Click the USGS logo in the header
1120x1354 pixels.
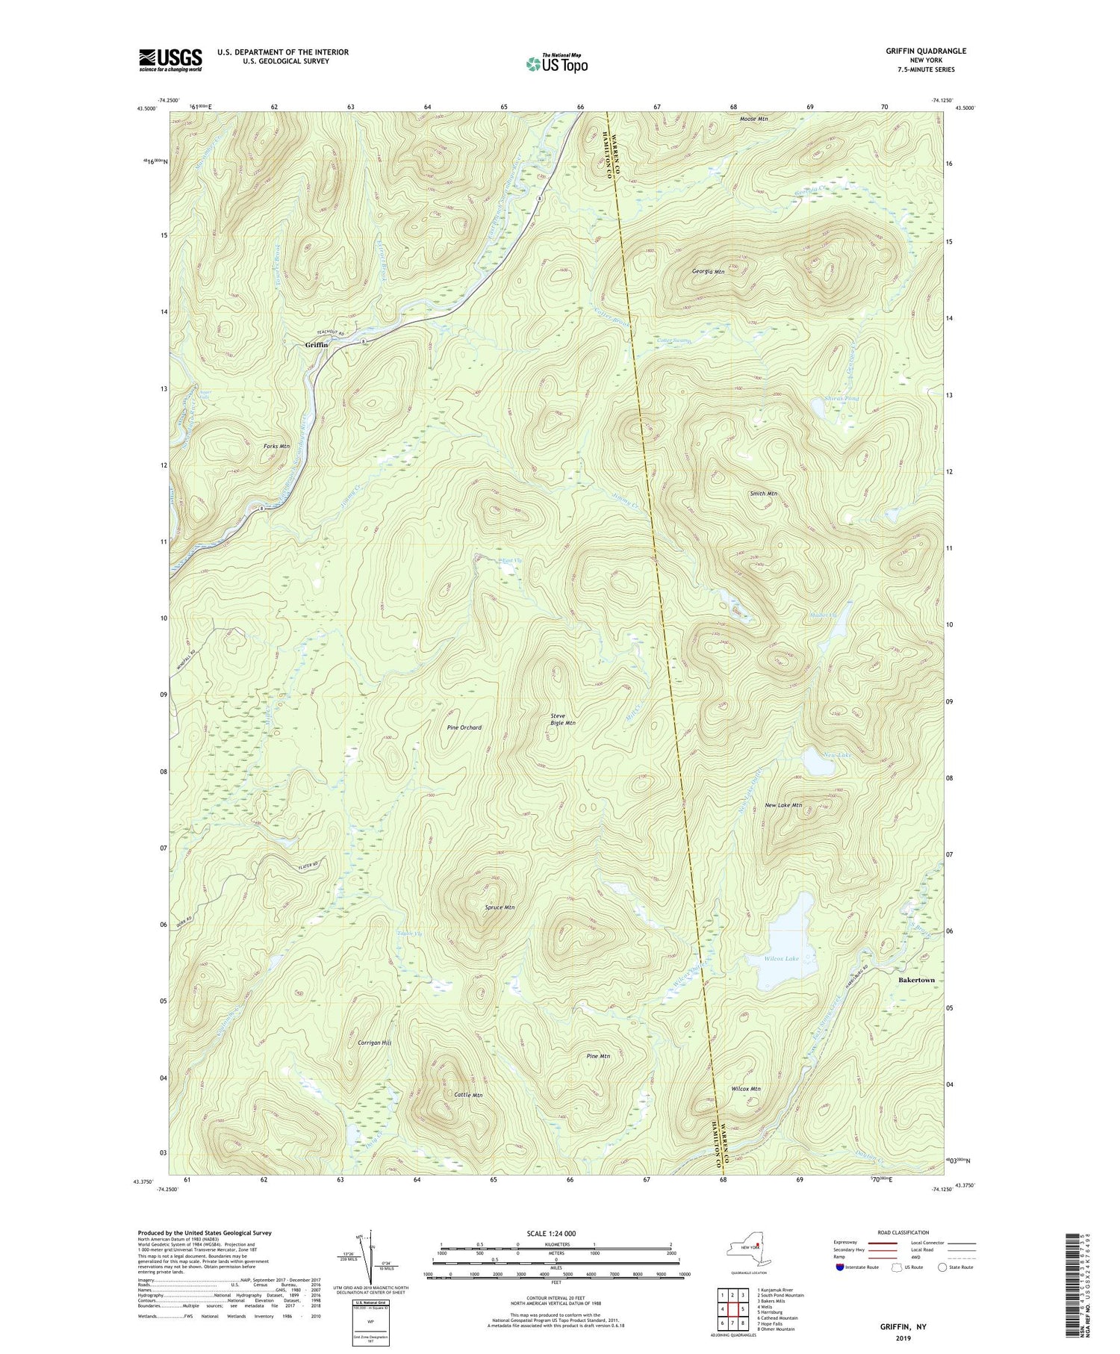pos(170,60)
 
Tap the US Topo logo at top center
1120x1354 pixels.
pos(556,64)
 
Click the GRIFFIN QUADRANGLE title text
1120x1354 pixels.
pos(926,51)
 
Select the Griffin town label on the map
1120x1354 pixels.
pos(317,345)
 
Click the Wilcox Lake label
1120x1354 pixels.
pos(781,958)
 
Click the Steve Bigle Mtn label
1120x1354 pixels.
pos(562,719)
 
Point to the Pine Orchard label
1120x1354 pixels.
pos(464,727)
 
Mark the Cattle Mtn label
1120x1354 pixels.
pos(468,1095)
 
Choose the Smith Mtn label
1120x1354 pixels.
pos(763,494)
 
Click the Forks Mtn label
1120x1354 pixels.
pos(276,447)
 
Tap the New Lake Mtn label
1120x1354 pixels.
pos(783,805)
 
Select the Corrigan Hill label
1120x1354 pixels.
pos(375,1043)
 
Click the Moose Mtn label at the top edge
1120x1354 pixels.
pos(753,119)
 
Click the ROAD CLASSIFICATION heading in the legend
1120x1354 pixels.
pos(903,1232)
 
